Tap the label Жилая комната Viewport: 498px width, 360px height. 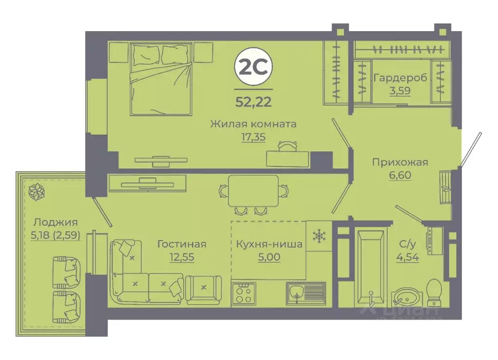253,124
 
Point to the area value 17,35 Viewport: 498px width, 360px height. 253,137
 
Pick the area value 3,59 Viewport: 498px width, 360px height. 399,90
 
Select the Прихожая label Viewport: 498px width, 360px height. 400,162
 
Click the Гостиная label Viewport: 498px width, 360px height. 181,244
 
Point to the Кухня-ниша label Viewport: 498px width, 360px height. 268,244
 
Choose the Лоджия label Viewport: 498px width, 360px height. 55,223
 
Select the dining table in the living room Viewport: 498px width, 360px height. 254,190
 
